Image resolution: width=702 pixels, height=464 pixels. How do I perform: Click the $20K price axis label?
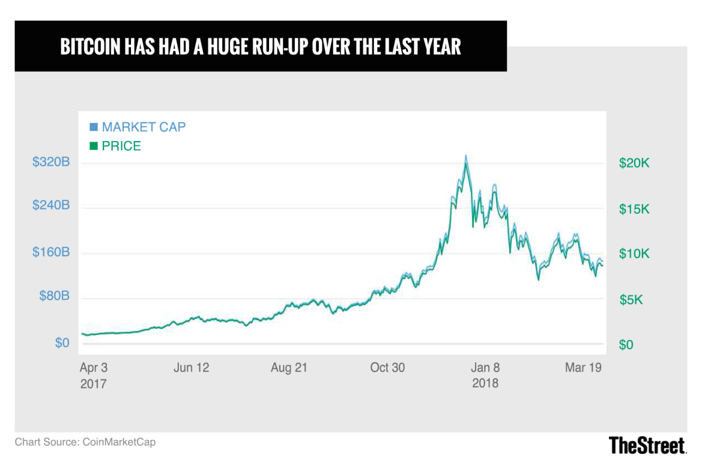click(634, 163)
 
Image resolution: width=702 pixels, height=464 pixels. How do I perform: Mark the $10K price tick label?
click(634, 254)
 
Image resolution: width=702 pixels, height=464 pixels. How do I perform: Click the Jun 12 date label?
click(191, 367)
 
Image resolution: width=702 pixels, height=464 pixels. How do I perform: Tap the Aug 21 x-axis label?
click(288, 367)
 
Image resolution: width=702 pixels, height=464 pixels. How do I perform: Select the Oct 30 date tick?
click(387, 367)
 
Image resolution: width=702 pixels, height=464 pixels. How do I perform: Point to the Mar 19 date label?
click(583, 367)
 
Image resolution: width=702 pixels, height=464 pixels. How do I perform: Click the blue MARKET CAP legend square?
click(94, 127)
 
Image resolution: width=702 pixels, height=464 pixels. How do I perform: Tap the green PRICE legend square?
click(94, 146)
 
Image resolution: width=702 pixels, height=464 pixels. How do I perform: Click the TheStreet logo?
click(647, 445)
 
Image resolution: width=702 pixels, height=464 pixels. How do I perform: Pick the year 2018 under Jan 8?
click(485, 383)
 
